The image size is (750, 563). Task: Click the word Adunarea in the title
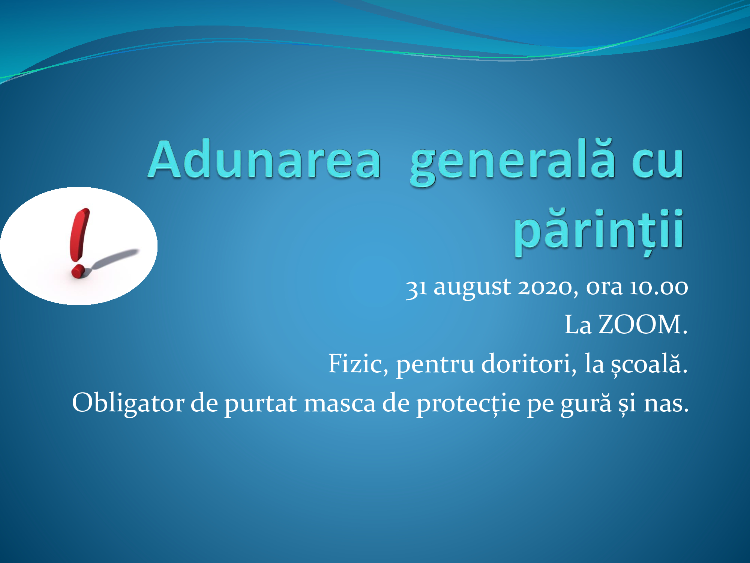coord(265,159)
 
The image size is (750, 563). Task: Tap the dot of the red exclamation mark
coord(78,271)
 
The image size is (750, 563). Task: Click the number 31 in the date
coord(417,289)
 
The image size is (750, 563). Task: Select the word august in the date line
coord(472,289)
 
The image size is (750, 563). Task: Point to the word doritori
coord(529,364)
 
